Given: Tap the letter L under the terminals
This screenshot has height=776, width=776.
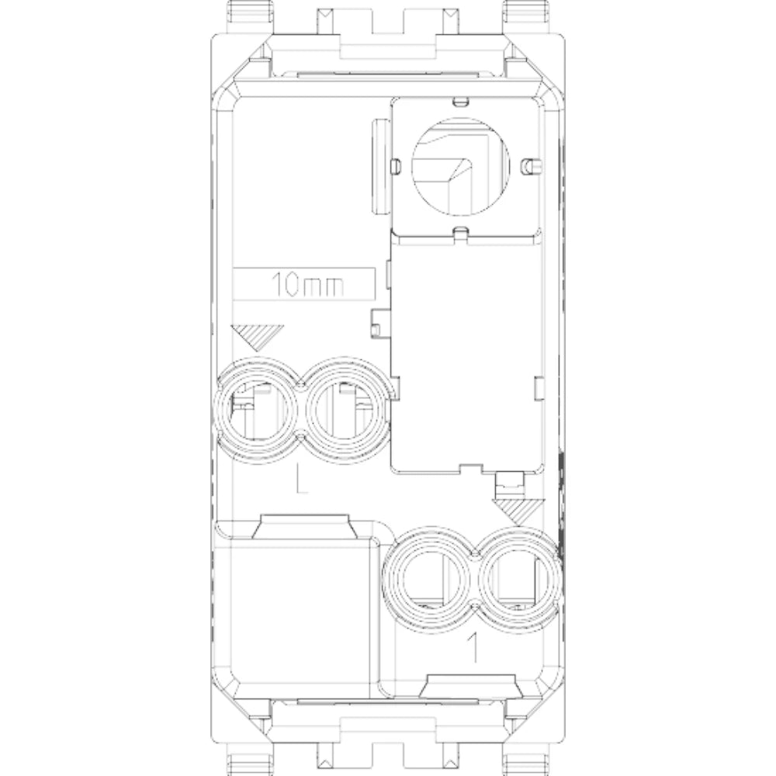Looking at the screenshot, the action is pyautogui.click(x=301, y=479).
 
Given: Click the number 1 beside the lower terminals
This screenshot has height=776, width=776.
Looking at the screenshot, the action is pyautogui.click(x=473, y=647).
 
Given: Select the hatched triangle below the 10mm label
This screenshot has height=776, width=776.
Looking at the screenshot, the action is pyautogui.click(x=258, y=338).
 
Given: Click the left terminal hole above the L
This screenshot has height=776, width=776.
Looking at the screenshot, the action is pyautogui.click(x=258, y=411).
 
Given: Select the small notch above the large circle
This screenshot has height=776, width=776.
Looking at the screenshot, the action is pyautogui.click(x=460, y=102).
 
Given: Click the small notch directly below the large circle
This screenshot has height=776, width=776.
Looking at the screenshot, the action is pyautogui.click(x=460, y=230).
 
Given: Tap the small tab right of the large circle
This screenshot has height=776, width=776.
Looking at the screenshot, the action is pyautogui.click(x=532, y=166).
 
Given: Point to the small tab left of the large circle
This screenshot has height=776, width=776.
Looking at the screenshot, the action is pyautogui.click(x=395, y=166).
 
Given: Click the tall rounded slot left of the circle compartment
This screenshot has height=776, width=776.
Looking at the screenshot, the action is pyautogui.click(x=380, y=166).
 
